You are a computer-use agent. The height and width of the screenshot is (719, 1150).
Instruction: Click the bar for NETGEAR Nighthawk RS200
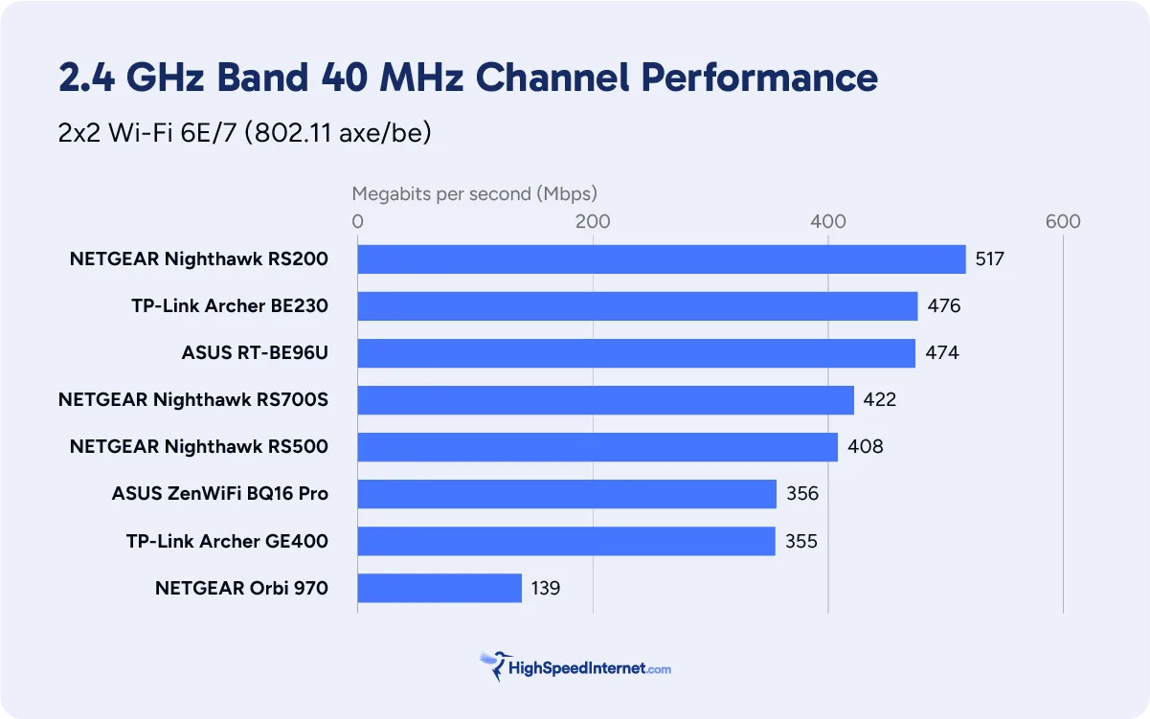pos(662,259)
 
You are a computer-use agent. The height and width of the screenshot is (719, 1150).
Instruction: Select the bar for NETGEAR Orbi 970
pos(440,588)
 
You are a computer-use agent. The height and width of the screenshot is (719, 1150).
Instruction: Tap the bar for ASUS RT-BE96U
pos(636,353)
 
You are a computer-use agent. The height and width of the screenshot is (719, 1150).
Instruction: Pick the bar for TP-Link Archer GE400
pos(566,541)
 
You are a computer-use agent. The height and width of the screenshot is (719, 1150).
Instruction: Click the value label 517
pos(990,259)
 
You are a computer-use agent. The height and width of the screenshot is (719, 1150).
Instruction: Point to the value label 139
pos(545,588)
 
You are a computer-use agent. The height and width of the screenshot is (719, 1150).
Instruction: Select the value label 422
pos(879,400)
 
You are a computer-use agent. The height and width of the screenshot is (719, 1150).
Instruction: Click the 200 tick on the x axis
pos(593,222)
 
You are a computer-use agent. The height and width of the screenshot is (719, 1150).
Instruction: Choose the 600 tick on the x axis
pos(1063,222)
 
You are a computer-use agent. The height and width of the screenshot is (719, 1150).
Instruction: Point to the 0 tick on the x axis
pos(358,222)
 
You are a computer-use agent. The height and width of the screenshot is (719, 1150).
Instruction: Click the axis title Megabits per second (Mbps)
pos(474,193)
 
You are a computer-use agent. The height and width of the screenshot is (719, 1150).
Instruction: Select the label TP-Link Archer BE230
pos(230,306)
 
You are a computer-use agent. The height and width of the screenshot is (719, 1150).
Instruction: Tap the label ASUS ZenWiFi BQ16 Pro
pos(220,494)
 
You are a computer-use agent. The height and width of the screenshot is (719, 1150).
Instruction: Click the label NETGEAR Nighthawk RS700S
pos(193,400)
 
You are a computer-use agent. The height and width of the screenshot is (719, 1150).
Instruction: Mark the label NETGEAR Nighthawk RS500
pos(199,447)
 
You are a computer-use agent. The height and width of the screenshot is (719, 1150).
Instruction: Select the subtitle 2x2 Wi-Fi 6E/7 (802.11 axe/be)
pos(245,132)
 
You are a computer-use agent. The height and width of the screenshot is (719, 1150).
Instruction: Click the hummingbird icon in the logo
pos(493,665)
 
